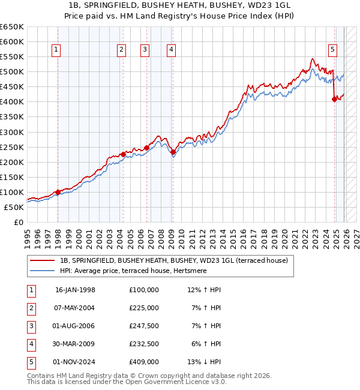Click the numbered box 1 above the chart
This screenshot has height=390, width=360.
pos(56,50)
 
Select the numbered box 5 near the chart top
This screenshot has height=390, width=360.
pos(333,50)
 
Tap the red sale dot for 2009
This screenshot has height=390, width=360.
pos(173,152)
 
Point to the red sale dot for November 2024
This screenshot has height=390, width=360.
pos(334,100)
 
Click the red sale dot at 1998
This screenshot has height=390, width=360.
pos(58,192)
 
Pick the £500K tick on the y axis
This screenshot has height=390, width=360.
pos(12,72)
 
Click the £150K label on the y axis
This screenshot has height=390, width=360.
pos(12,177)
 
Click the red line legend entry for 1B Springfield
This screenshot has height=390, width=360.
pos(174,260)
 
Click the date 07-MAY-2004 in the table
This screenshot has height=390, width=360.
pos(75,308)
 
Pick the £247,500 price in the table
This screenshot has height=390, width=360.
pos(143,326)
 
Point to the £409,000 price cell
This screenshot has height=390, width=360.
pos(143,362)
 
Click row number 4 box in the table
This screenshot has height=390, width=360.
pos(30,344)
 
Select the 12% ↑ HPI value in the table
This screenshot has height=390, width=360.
pos(204,290)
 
